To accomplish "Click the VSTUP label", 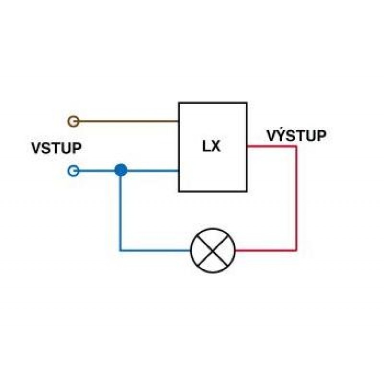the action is click(56, 148).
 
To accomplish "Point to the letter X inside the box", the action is click(216, 146).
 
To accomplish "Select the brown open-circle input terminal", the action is click(73, 121).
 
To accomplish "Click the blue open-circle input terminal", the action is click(73, 171).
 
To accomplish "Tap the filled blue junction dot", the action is click(121, 170).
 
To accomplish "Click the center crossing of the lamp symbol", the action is click(213, 251).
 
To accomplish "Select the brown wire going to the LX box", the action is click(129, 121).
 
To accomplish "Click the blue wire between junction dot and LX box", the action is click(153, 171).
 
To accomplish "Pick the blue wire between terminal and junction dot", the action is click(97, 171).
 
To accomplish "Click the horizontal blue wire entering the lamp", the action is click(155, 250).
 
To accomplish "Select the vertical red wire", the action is click(296, 198).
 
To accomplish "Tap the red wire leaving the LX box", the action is click(271, 146).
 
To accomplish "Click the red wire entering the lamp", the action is click(265, 250).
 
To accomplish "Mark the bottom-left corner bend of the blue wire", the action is click(120, 250).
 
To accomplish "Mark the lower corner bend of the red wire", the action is click(296, 250).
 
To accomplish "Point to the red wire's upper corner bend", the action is click(296, 146).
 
